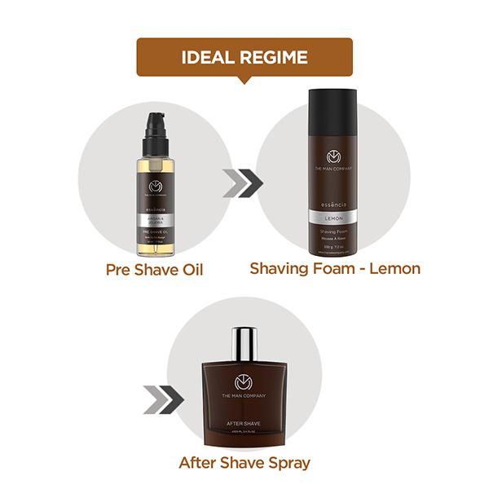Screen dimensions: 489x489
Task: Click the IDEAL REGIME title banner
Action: click(x=244, y=58)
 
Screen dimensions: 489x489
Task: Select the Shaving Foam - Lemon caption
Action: click(x=335, y=268)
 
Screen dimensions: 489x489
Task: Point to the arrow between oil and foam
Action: click(x=242, y=184)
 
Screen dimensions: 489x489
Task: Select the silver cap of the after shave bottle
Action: click(x=244, y=342)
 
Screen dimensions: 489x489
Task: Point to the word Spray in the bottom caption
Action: click(x=285, y=463)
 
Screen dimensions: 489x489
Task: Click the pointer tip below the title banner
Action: click(x=244, y=81)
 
